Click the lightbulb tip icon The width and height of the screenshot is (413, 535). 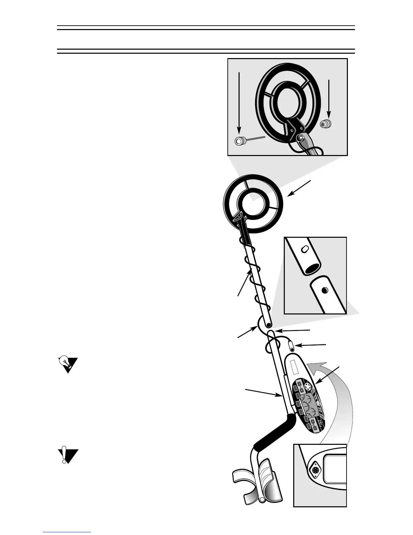tap(67, 364)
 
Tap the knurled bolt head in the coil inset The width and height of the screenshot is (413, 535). tap(240, 141)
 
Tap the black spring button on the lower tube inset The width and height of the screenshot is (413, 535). tap(325, 290)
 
